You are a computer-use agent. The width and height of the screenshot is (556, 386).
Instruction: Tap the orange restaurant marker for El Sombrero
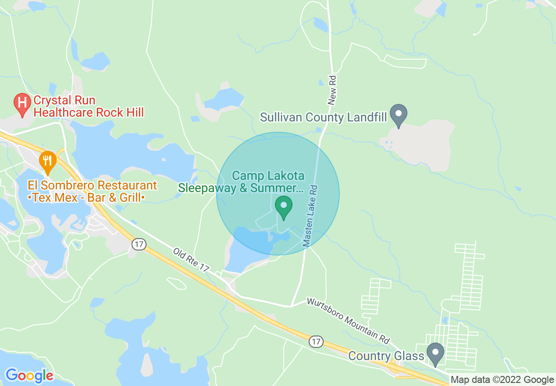coord(47,161)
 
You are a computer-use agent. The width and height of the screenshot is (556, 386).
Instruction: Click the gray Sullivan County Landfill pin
coord(399,114)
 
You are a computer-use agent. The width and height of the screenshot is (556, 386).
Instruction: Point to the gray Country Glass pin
coord(435,353)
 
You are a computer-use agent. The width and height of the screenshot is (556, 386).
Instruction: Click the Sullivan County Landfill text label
coord(324,117)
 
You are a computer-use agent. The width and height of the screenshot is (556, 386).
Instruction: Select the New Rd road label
coord(332,89)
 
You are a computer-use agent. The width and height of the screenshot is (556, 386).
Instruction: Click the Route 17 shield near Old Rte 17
coord(139,244)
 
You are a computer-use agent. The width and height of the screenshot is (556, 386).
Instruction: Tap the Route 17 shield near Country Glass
coord(315,341)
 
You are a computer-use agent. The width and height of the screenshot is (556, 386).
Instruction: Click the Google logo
coord(29,375)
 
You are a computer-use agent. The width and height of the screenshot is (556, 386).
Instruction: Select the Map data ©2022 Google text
coord(503,380)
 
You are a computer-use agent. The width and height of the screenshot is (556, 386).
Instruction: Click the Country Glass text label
coord(386,355)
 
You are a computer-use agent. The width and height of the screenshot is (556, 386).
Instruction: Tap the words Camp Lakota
coord(268,176)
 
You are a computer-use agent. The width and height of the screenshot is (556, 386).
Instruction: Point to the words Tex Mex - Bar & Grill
coord(86,198)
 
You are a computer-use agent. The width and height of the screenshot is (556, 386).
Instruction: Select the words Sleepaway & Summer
coord(240,188)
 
